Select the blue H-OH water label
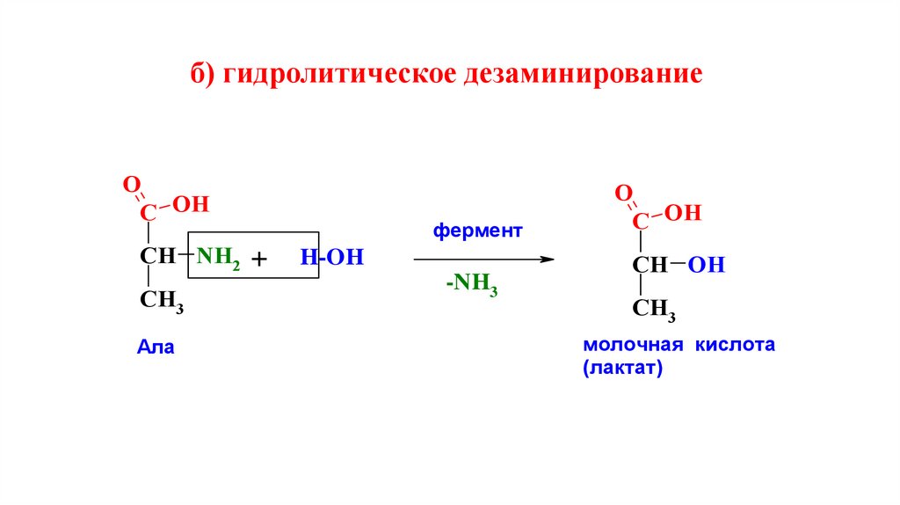[x=331, y=258]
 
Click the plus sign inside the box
[x=258, y=260]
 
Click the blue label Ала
[x=156, y=348]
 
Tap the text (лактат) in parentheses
[x=620, y=370]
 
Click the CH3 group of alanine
[x=161, y=300]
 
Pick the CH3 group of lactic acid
[x=653, y=308]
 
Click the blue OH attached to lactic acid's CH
[x=707, y=265]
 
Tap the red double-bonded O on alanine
[x=130, y=185]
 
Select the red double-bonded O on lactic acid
[x=622, y=193]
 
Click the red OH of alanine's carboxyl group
[x=191, y=205]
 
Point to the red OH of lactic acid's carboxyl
[x=683, y=212]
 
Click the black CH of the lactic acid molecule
[x=650, y=265]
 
